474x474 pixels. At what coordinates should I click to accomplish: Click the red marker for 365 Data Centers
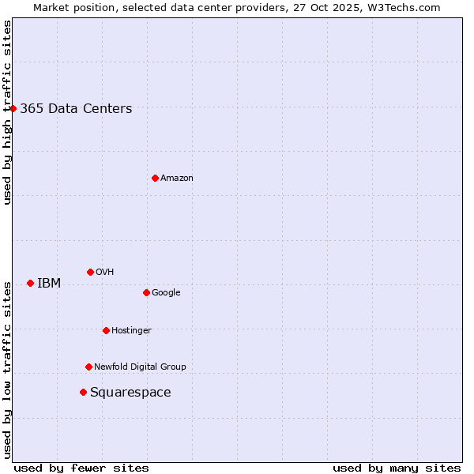click(x=13, y=108)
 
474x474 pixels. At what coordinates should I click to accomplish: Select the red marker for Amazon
click(x=155, y=178)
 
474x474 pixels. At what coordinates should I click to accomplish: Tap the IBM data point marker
click(x=30, y=283)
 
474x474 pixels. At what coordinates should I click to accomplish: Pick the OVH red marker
click(x=90, y=272)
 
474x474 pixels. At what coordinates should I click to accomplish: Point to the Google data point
click(x=146, y=292)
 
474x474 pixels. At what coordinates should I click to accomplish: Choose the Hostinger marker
click(x=106, y=330)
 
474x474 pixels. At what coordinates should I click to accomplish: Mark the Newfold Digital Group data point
click(x=88, y=367)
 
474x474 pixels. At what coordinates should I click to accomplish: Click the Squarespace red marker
click(x=83, y=392)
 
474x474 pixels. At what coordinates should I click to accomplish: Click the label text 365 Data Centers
click(x=76, y=109)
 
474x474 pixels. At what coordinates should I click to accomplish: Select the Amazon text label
click(x=177, y=179)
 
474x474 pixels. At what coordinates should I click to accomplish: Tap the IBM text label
click(x=49, y=284)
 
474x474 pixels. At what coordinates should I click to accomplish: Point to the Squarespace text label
click(x=130, y=393)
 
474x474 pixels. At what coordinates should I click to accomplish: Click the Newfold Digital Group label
click(x=140, y=367)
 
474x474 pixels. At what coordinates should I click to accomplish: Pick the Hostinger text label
click(x=131, y=330)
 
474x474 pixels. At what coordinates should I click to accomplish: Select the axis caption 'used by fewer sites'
click(x=81, y=468)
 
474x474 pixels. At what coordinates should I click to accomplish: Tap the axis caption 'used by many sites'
click(x=397, y=468)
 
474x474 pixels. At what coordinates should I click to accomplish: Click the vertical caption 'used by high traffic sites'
click(x=7, y=112)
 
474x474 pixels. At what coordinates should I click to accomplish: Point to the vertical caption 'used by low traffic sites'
click(x=7, y=370)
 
